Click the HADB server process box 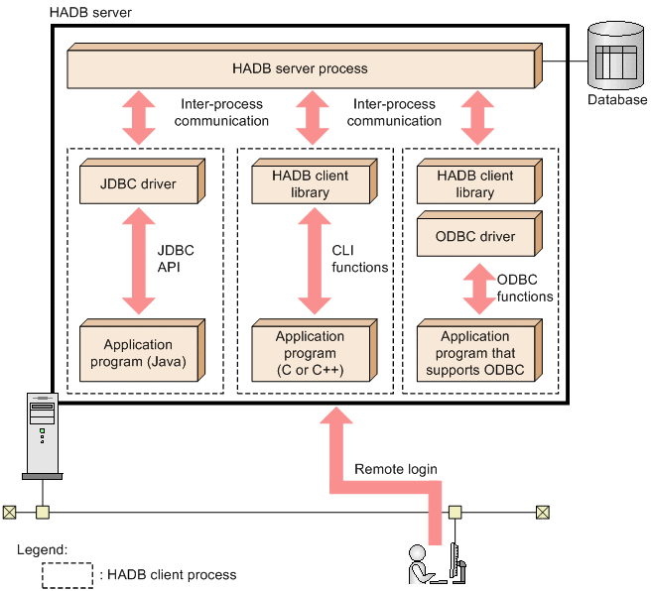(300, 69)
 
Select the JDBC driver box (138, 184)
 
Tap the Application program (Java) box (138, 353)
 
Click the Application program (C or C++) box (310, 353)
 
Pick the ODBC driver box (476, 237)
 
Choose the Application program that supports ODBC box (476, 353)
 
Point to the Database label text (616, 100)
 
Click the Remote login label (395, 469)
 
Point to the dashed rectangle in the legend (66, 575)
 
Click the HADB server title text (90, 11)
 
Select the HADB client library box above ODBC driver (476, 184)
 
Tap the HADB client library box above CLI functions (310, 184)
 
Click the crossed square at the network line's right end (542, 513)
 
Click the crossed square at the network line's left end (9, 513)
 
